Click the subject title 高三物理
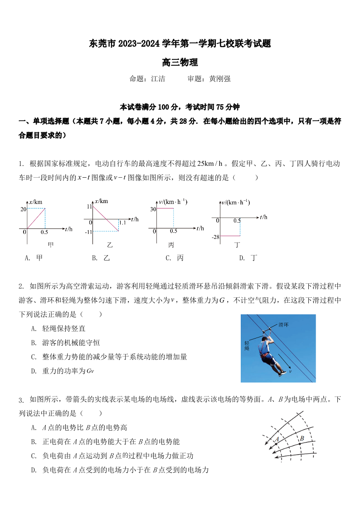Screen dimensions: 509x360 tap(180, 63)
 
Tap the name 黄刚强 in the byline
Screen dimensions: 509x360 tap(220, 79)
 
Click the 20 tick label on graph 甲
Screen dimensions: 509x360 tap(23, 209)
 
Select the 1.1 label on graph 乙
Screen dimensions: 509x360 tap(122, 223)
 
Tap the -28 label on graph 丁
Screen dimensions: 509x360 tap(215, 237)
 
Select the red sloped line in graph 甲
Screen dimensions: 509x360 tap(35, 218)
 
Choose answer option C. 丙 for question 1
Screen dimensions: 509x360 tap(175, 258)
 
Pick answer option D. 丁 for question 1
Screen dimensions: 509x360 tap(248, 258)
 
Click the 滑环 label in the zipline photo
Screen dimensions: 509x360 tap(283, 325)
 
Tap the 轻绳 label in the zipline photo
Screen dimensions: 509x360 tap(247, 345)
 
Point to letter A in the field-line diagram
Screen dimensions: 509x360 tap(276, 439)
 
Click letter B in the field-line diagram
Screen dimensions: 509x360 tap(301, 438)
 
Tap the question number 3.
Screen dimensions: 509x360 tap(20, 400)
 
